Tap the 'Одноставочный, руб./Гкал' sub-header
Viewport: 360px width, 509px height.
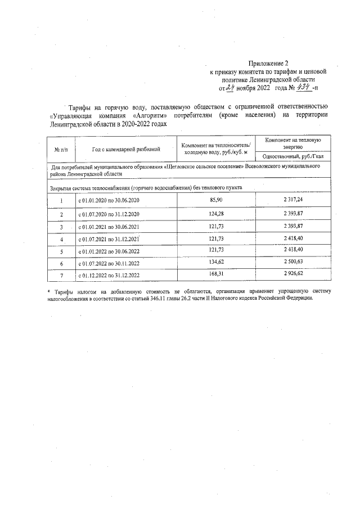coord(292,156)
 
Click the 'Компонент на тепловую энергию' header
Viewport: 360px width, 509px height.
coord(292,143)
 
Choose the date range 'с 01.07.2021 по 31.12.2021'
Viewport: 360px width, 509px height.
coord(109,240)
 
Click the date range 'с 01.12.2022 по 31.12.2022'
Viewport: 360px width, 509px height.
coord(109,276)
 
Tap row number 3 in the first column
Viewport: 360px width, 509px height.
coord(61,227)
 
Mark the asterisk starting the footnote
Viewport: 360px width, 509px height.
coord(48,291)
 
